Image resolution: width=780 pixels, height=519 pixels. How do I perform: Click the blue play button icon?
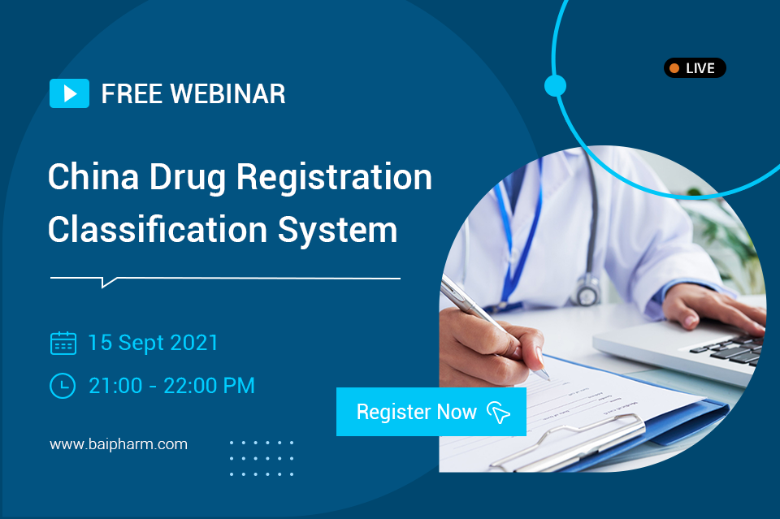coord(69,93)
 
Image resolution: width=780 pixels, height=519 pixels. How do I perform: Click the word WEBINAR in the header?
coord(227,94)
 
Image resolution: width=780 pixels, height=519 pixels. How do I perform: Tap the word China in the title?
coord(93,177)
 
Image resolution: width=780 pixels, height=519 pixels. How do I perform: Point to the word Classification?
coord(158,230)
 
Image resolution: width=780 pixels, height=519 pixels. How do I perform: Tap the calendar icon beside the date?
coord(63,343)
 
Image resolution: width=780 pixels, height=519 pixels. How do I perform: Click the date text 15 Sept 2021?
coord(154,343)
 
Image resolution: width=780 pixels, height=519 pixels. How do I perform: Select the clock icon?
coord(63,386)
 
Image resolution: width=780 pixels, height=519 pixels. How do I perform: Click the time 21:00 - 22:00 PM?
coord(171,386)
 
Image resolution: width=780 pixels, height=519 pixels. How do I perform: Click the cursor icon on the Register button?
coord(498,412)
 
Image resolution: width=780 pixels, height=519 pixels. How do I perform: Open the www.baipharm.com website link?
coord(119,444)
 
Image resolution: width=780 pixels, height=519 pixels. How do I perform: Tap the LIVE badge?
coord(695,68)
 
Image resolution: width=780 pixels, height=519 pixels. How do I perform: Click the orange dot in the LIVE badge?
coord(674,68)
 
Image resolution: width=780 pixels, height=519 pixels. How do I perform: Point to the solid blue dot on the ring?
coord(555,85)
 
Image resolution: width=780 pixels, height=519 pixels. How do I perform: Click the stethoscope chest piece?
coord(587,292)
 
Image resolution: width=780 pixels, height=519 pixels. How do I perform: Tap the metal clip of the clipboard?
coord(567,443)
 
